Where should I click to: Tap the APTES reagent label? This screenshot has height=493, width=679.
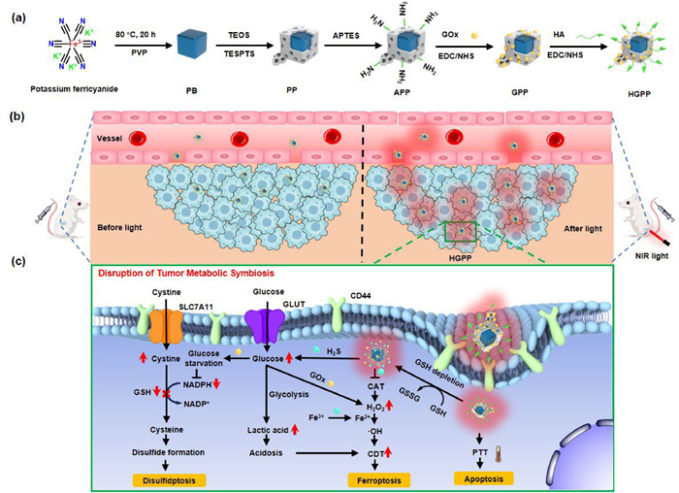328,34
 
